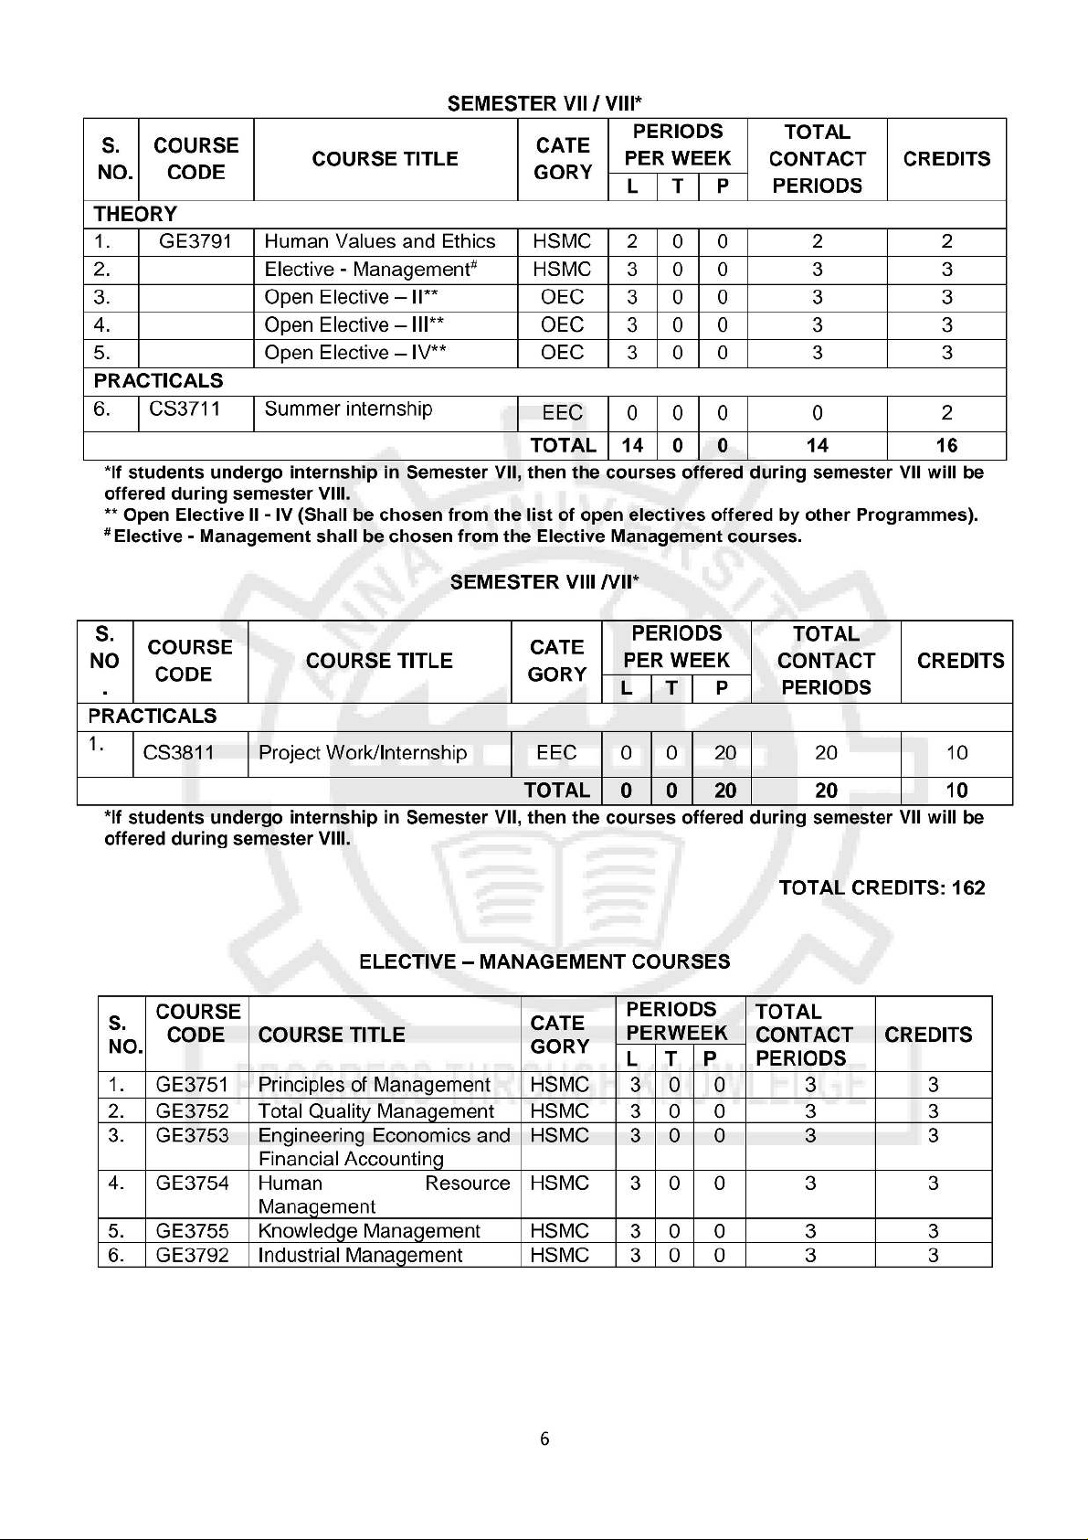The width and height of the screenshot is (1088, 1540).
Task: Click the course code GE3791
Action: point(195,242)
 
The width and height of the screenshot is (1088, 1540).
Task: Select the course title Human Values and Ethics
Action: point(379,242)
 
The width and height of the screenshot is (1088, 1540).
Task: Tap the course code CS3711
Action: point(185,409)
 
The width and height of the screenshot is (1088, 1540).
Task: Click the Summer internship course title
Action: point(348,409)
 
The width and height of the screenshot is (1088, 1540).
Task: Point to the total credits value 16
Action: point(946,446)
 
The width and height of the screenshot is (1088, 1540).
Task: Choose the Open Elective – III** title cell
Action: point(354,325)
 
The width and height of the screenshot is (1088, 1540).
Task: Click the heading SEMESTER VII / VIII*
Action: point(544,104)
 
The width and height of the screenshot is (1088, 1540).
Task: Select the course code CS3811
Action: point(179,753)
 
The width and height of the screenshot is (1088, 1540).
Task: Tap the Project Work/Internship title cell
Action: point(363,753)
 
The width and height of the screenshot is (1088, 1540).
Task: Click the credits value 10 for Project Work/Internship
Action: point(956,753)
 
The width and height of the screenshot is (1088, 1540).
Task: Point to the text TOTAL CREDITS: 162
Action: point(882,888)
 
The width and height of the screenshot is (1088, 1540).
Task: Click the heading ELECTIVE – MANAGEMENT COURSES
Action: point(544,962)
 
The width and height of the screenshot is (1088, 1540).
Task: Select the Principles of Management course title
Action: point(375,1085)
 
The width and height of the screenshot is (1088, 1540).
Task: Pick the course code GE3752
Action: point(192,1111)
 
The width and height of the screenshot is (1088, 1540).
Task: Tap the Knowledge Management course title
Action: point(369,1232)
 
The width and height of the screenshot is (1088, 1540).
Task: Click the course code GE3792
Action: point(192,1256)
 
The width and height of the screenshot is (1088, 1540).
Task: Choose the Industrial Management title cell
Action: point(360,1256)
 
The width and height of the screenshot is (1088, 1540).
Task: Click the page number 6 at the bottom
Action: point(544,1439)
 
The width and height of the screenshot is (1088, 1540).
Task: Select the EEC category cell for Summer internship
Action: point(562,413)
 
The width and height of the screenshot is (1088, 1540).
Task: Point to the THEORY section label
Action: point(135,215)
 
